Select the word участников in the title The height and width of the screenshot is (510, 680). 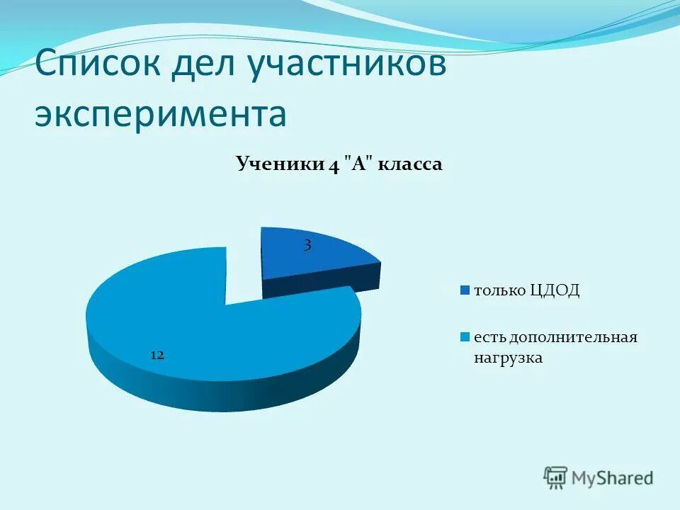[346, 66]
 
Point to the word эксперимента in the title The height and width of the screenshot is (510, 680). [161, 114]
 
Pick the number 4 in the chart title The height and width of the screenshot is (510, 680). [333, 165]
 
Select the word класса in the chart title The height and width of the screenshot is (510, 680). [410, 164]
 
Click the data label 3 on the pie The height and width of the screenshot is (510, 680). [307, 246]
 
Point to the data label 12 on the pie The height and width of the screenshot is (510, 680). [157, 355]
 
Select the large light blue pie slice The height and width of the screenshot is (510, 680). [212, 333]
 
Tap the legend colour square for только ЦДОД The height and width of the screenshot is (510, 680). [465, 290]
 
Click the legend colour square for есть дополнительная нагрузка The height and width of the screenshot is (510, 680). [465, 337]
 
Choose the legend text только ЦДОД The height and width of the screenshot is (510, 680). [526, 290]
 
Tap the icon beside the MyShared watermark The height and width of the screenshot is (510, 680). [555, 477]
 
